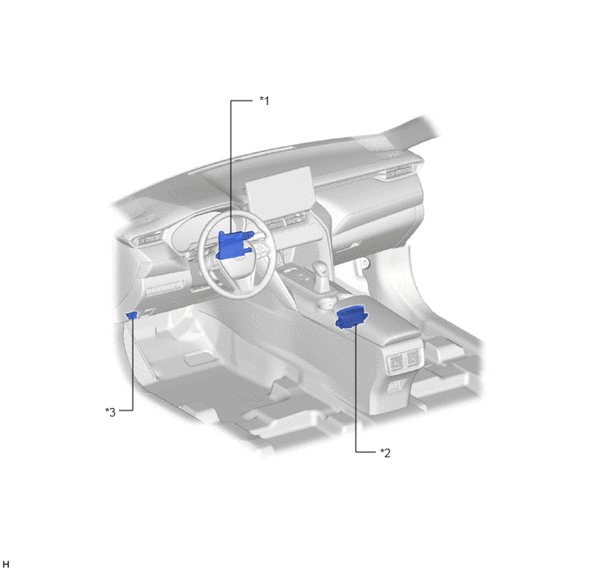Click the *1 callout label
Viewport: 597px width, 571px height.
(265, 101)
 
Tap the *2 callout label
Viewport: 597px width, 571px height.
(385, 453)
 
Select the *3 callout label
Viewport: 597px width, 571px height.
(110, 412)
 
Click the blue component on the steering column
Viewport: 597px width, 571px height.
(233, 246)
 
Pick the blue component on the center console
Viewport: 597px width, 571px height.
(351, 318)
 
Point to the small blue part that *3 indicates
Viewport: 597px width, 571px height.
(132, 315)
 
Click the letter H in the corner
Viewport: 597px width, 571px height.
(6, 564)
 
